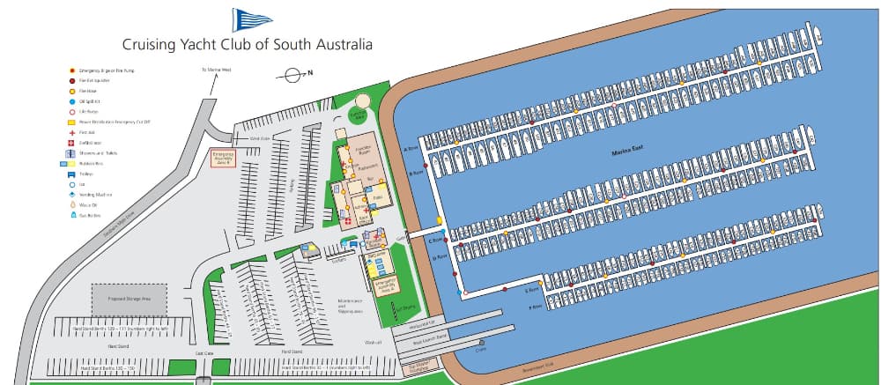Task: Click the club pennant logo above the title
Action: pyautogui.click(x=247, y=19)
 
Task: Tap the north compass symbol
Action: pyautogui.click(x=291, y=76)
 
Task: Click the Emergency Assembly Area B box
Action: pyautogui.click(x=224, y=159)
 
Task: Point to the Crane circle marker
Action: pyautogui.click(x=482, y=343)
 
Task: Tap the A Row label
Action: pyautogui.click(x=408, y=149)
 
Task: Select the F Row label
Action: pyautogui.click(x=534, y=307)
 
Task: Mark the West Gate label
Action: pyautogui.click(x=259, y=138)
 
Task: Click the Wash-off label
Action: pyautogui.click(x=372, y=342)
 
